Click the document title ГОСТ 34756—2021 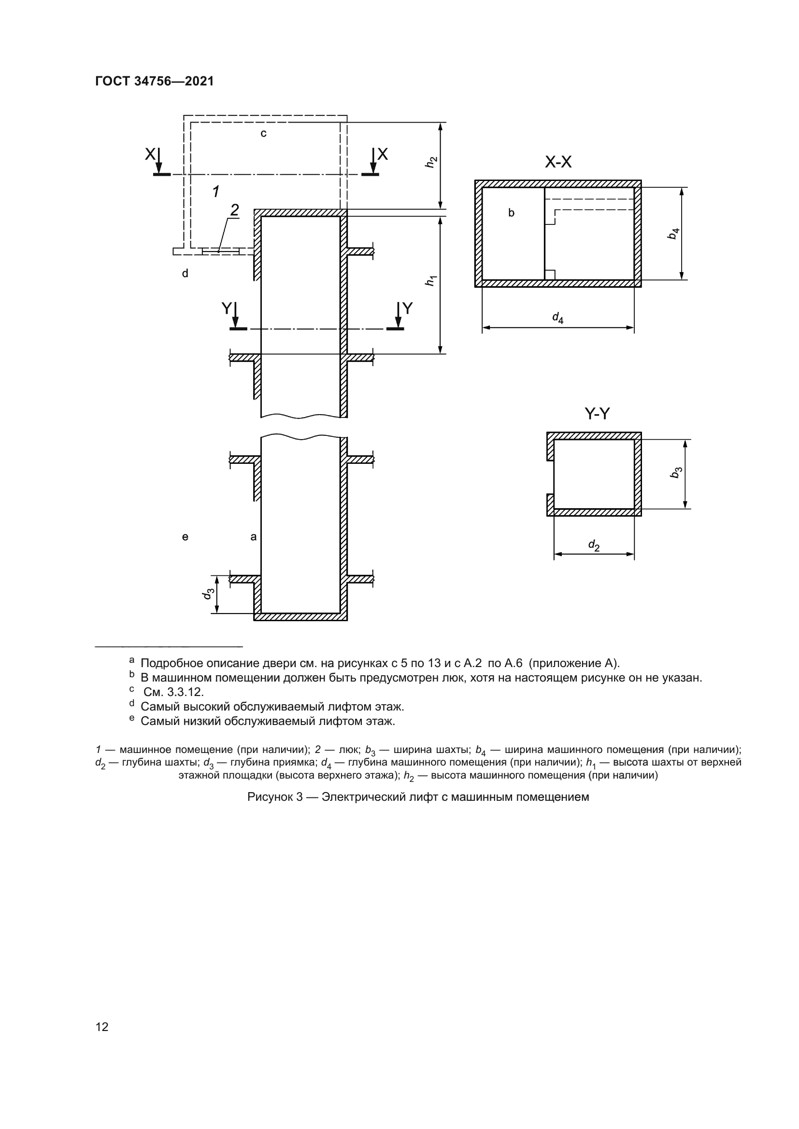(x=155, y=81)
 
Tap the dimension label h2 (x=431, y=162)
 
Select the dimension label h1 (x=431, y=281)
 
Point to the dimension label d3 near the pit (x=208, y=594)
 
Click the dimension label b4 (x=673, y=234)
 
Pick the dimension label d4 (x=557, y=318)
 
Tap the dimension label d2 (x=594, y=545)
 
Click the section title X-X (x=558, y=162)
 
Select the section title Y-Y (x=597, y=414)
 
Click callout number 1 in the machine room (x=215, y=191)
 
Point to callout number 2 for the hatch (x=235, y=210)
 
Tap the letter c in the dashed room (x=264, y=133)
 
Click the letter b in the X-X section (x=511, y=213)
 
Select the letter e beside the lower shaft (x=185, y=537)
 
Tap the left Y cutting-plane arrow (x=236, y=317)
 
